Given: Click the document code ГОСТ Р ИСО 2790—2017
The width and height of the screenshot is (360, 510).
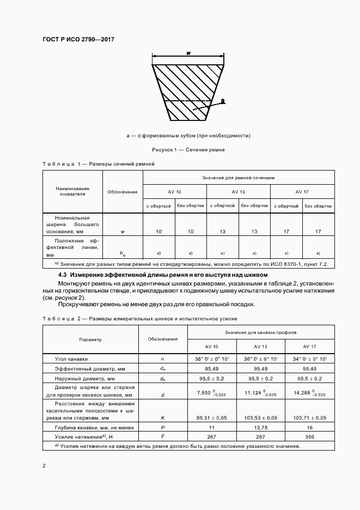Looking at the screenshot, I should tap(78, 39).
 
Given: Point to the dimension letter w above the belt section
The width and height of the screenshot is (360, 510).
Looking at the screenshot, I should tap(188, 53).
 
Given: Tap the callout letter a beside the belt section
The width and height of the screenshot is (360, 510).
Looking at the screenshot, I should tap(223, 101).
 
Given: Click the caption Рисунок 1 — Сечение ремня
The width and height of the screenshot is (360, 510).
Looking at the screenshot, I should tap(187, 149).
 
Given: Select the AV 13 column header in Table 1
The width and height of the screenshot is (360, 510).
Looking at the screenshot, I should tap(238, 192).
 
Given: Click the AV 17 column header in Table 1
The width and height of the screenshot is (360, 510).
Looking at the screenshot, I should tap(302, 192).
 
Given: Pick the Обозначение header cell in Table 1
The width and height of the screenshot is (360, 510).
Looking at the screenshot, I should tap(123, 192).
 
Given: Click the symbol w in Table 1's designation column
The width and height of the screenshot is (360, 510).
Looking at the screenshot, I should tap(123, 232).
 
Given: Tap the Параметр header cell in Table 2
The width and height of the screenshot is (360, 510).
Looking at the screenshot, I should tap(90, 339).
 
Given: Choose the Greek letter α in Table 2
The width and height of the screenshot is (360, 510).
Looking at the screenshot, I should tap(163, 359).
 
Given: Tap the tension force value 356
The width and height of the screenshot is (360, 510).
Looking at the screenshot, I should tap(310, 437).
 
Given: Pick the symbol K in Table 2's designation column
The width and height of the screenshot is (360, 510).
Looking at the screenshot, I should tap(163, 417).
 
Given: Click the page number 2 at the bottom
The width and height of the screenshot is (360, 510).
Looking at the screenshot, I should tap(44, 466).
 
